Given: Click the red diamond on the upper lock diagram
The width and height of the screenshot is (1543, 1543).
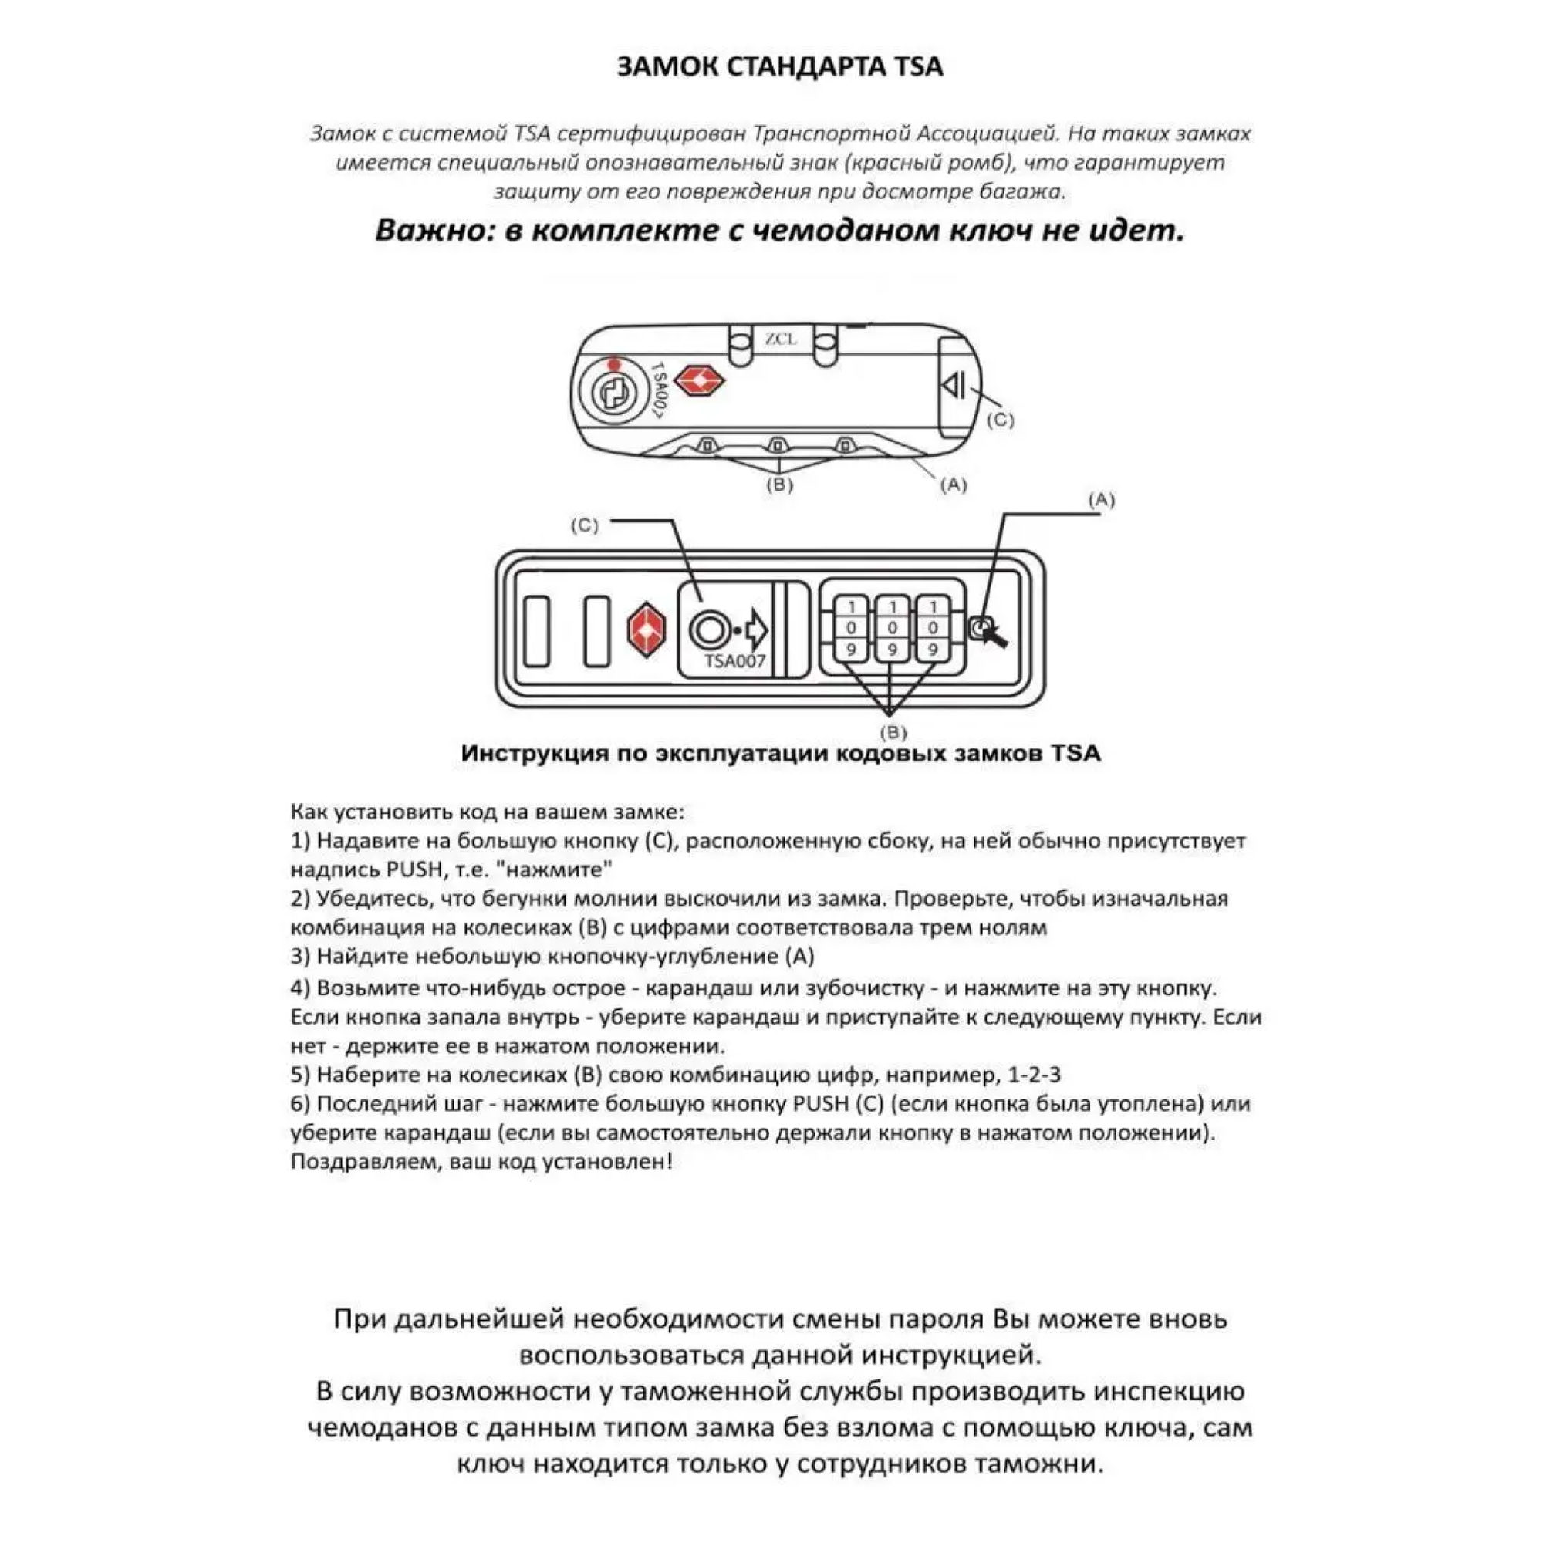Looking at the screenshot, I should click(x=700, y=380).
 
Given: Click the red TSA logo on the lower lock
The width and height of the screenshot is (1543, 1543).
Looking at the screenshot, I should click(x=646, y=630).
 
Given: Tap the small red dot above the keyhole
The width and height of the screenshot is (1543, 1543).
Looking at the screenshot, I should click(x=613, y=364).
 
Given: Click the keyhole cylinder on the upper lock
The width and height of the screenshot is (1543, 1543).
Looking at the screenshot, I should click(x=614, y=393).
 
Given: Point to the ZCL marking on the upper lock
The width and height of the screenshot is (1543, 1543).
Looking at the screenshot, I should click(x=780, y=339).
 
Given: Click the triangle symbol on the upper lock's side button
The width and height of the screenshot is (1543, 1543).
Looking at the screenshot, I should click(x=954, y=386).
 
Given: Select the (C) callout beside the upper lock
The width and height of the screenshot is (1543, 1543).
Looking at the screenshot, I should click(x=1000, y=420).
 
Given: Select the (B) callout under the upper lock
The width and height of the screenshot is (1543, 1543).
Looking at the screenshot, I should click(x=779, y=484).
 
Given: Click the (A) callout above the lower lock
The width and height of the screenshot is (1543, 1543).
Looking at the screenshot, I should click(x=1102, y=500).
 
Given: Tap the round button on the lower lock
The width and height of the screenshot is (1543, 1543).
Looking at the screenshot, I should click(x=707, y=630).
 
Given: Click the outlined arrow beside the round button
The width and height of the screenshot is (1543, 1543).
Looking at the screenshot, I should click(x=755, y=631).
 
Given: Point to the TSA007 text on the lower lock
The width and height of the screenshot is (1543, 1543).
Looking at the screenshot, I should click(x=734, y=661).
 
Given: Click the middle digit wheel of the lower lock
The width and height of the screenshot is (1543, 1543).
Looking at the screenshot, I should click(x=892, y=629).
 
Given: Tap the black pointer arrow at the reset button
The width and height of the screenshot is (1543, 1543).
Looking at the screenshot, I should click(x=995, y=636).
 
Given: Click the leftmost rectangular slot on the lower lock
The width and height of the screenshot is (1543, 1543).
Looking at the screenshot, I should click(x=537, y=630).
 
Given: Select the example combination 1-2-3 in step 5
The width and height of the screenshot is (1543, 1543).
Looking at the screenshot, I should click(x=1035, y=1075).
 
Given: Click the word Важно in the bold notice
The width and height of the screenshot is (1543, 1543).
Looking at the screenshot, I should click(x=424, y=231).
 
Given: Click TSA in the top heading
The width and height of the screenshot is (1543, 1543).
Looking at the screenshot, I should click(x=917, y=66).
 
